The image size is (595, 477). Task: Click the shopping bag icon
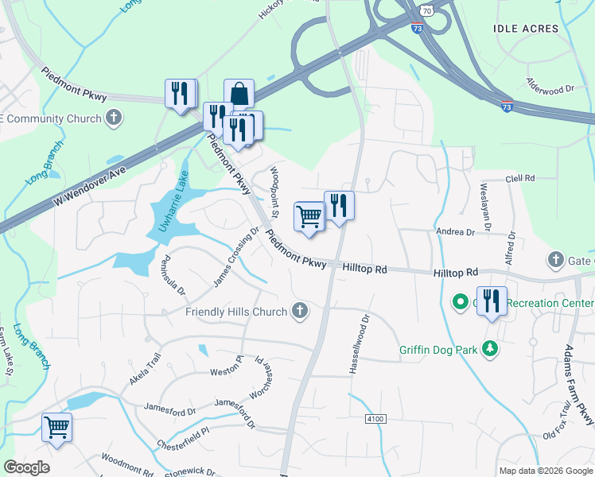pyautogui.click(x=239, y=95)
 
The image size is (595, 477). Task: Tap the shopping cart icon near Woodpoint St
pyautogui.click(x=309, y=215)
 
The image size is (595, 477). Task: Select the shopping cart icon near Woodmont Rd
pyautogui.click(x=56, y=428)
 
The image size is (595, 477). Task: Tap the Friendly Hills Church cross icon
pyautogui.click(x=300, y=310)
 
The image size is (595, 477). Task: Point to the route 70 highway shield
pyautogui.click(x=427, y=10)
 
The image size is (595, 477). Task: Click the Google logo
pyautogui.click(x=26, y=467)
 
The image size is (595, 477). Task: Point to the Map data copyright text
pyautogui.click(x=545, y=470)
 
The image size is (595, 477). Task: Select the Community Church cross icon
pyautogui.click(x=114, y=118)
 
